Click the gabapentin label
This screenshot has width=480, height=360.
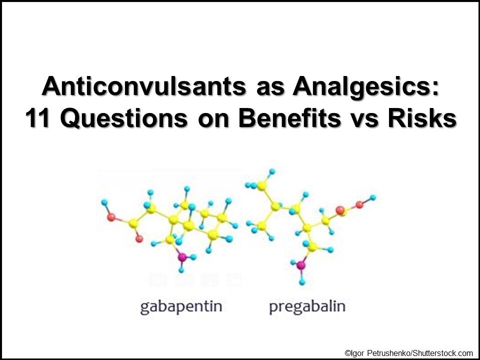(x=181, y=306)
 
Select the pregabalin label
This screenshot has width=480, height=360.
(x=307, y=306)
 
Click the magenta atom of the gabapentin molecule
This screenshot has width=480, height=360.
(x=182, y=257)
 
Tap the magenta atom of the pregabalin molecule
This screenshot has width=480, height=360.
(x=301, y=264)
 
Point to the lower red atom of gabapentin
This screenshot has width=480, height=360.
(x=139, y=239)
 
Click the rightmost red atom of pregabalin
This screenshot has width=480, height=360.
(x=359, y=204)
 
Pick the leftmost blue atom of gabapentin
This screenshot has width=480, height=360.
(x=104, y=203)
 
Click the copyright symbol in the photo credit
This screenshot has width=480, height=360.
(x=347, y=353)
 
